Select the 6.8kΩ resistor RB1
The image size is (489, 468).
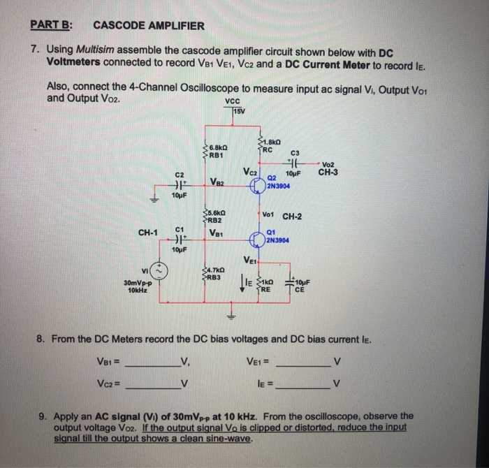coord(205,151)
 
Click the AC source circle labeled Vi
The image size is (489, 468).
coord(158,272)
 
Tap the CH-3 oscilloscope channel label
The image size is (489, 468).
coord(329,172)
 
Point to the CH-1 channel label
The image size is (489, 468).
coord(148,232)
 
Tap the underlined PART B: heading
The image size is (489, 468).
coord(52,26)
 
